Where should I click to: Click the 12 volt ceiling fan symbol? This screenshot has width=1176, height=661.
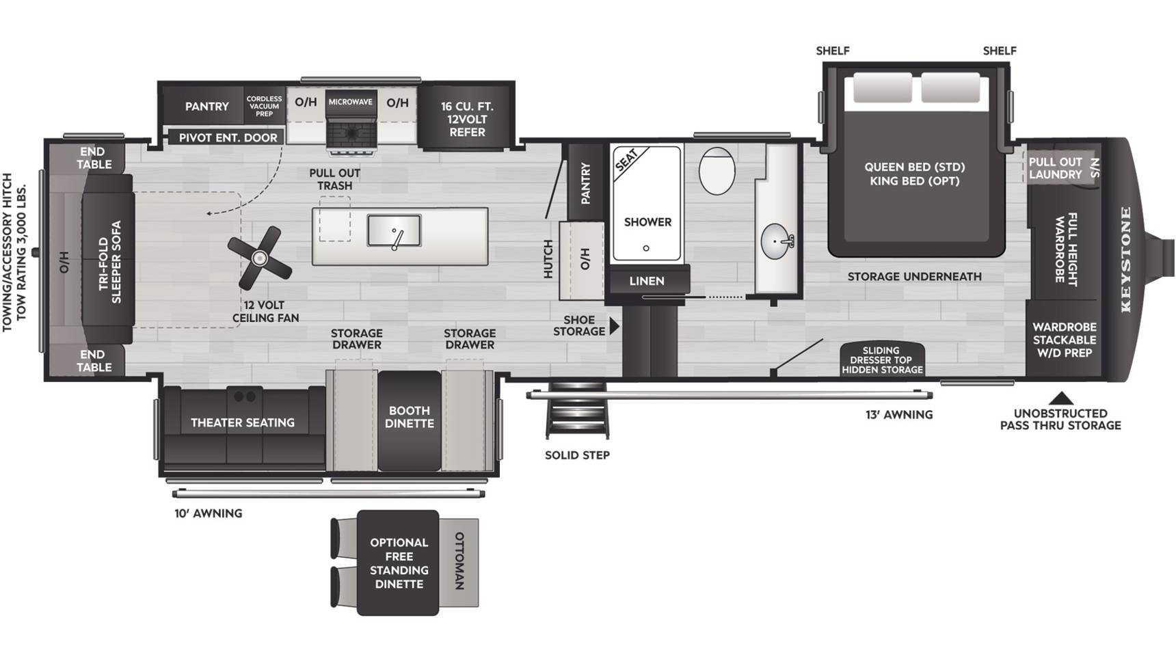coord(259,258)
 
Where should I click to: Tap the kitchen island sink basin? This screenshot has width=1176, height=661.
coord(394,230)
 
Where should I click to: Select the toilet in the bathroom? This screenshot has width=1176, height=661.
coord(717,170)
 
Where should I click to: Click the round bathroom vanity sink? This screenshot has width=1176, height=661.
coord(777,241)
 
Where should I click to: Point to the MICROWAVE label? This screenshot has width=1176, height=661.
coord(351,102)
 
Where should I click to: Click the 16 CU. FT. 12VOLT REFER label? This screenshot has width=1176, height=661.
coord(467,119)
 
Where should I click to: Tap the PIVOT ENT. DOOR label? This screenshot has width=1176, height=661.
coord(228,137)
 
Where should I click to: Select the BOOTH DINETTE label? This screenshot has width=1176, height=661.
coord(410,417)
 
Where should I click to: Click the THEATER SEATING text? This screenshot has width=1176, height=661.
coord(243,422)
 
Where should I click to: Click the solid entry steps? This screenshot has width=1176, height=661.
coord(577,410)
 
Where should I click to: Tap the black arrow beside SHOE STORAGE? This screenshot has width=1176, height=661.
coord(614,326)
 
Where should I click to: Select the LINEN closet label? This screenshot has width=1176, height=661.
coord(647,281)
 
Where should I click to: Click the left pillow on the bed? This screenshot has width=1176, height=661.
coord(882,87)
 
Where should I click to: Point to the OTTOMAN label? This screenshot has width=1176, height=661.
coord(459,561)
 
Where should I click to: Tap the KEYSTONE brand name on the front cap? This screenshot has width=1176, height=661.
coord(1125,259)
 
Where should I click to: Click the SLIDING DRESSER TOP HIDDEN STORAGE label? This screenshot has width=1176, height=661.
coord(882,360)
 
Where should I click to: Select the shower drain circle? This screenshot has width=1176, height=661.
coord(646,248)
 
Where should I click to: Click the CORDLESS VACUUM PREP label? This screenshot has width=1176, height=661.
coord(264,106)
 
